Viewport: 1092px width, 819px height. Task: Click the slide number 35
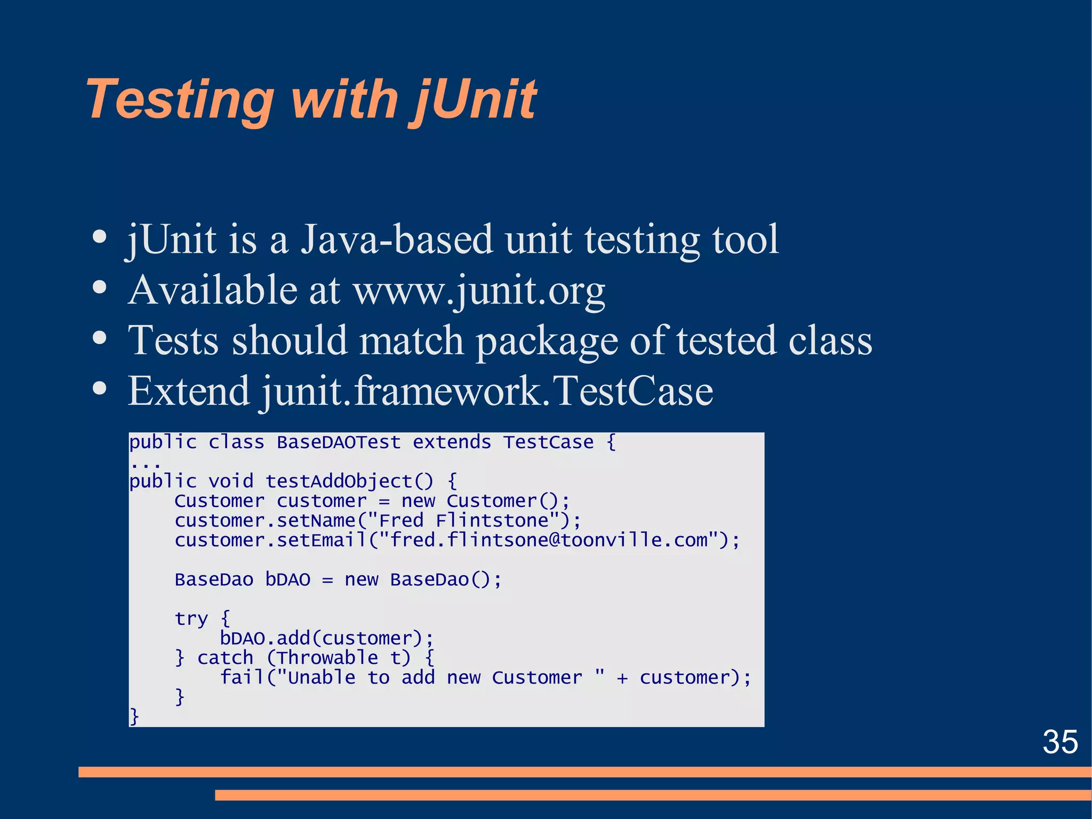point(1060,742)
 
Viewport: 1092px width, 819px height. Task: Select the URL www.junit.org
point(479,291)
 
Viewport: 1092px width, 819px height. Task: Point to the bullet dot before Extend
point(99,388)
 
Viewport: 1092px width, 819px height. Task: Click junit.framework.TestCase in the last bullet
point(487,391)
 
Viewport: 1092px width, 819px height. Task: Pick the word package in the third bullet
point(546,341)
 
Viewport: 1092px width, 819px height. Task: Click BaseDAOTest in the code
point(338,442)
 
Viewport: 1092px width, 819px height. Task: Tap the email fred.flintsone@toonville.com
point(548,540)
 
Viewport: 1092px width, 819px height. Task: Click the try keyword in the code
point(191,619)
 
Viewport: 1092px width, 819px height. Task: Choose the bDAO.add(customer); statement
point(326,638)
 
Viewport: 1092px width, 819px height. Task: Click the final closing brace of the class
point(134,716)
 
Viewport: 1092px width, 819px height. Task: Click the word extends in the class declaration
point(451,442)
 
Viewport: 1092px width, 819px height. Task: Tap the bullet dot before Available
point(99,288)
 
